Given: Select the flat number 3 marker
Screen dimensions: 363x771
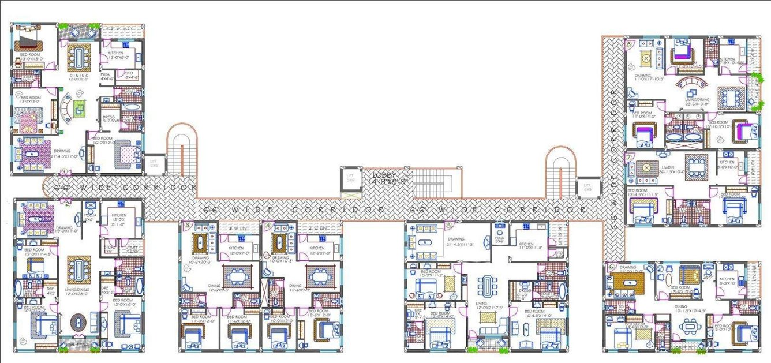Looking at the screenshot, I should click(x=187, y=226).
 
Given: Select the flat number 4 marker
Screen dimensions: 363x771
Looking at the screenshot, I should click(x=268, y=226).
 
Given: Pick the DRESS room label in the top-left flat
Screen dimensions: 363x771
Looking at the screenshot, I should click(x=109, y=118).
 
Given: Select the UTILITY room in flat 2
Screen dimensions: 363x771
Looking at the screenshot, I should click(x=131, y=249).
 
